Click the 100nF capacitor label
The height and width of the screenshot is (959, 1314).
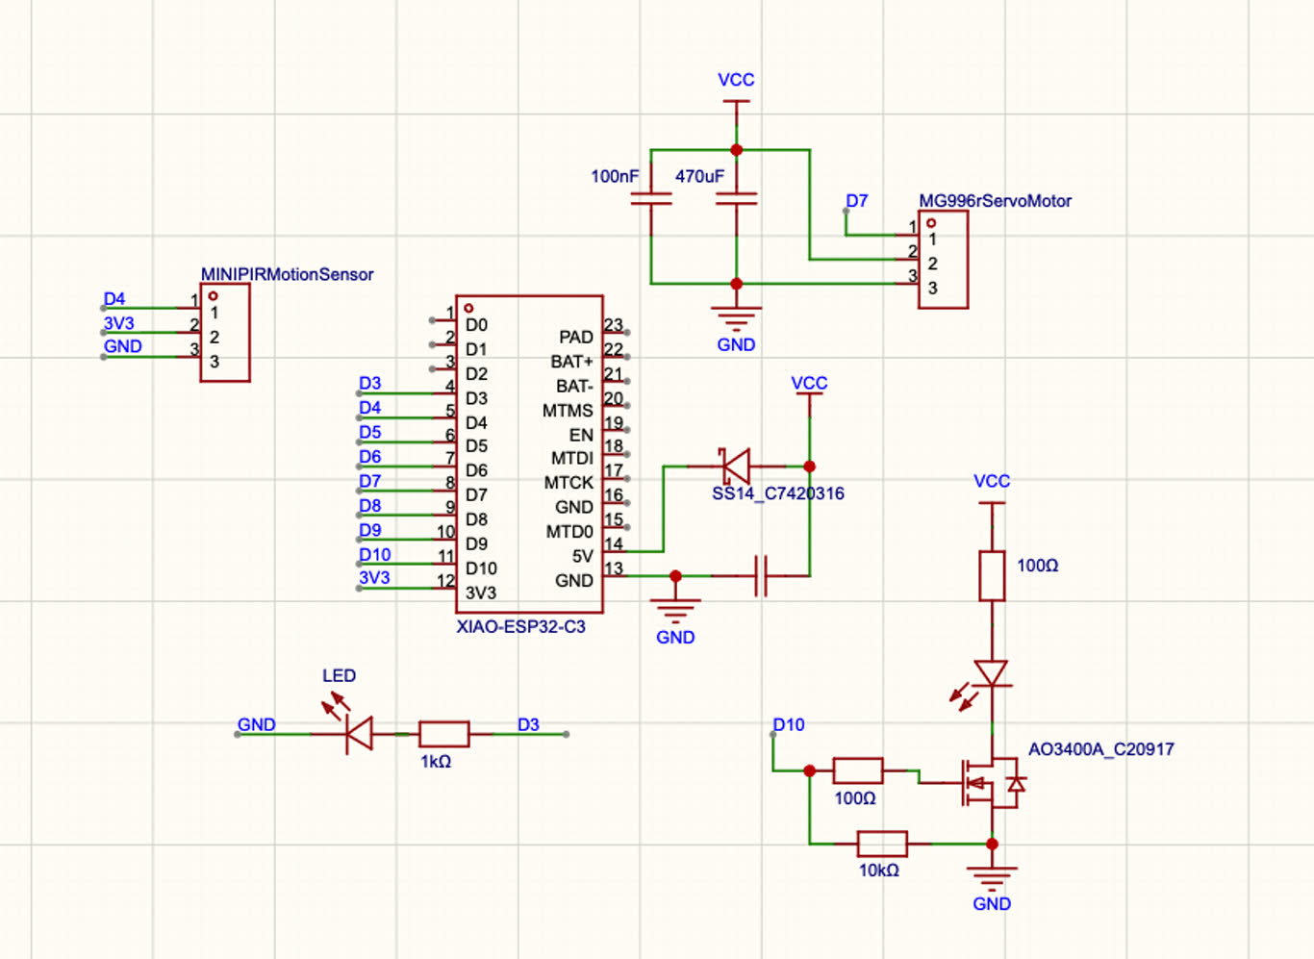pos(615,176)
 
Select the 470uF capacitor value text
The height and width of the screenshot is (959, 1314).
pos(699,176)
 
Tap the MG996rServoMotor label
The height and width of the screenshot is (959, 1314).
pos(995,201)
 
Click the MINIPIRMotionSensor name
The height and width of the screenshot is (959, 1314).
pos(287,274)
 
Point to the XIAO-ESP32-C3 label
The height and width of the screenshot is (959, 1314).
pos(521,627)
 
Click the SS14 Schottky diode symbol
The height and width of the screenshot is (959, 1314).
pos(736,467)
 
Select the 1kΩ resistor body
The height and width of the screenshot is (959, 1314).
pos(444,734)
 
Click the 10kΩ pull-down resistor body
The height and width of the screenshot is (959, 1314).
pos(882,844)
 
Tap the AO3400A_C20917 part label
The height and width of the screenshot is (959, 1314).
pos(1101,749)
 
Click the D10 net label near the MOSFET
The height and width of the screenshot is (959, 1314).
pos(789,725)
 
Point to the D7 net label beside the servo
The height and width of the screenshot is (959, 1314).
pos(856,201)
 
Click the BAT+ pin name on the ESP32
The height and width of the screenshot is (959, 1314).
pos(572,362)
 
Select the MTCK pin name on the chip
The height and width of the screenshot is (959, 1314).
pos(569,483)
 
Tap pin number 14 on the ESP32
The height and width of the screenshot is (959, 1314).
pos(614,543)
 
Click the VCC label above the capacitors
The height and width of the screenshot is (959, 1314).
pos(736,80)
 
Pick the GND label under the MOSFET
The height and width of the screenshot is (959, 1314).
pos(992,904)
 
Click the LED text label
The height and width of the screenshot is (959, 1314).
pos(339,675)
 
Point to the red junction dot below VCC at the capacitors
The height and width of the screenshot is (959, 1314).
pos(736,150)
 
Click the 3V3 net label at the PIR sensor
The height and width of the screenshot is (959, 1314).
pos(119,323)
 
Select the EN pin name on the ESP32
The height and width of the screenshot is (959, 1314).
pos(581,435)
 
